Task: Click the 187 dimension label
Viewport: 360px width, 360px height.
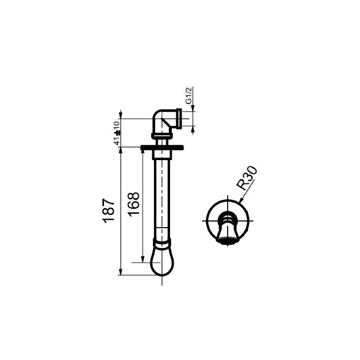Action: pos(109,209)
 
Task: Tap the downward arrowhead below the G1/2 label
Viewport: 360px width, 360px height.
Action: pos(192,128)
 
